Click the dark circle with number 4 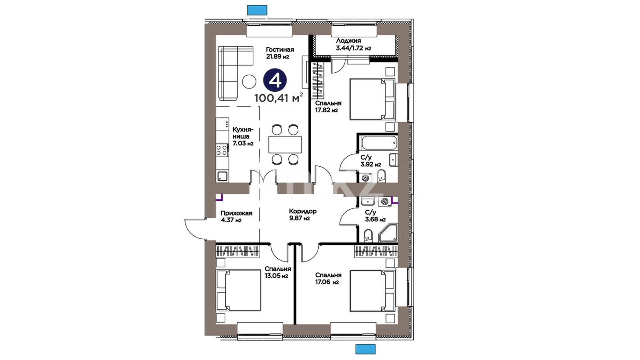tap(275, 80)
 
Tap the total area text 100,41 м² tap(279, 98)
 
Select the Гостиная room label tap(280, 50)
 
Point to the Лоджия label tap(348, 41)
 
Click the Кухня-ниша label tap(243, 133)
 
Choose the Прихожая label tap(236, 213)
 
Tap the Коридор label tap(303, 211)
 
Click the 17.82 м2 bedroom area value tap(326, 110)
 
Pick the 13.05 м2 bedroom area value tap(276, 276)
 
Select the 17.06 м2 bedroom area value tap(327, 282)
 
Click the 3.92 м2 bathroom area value tap(371, 164)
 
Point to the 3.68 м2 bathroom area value tap(375, 219)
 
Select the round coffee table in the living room tap(249, 81)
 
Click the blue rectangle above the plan tap(257, 10)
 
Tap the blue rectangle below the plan tap(365, 349)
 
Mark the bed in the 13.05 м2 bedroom tap(238, 290)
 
